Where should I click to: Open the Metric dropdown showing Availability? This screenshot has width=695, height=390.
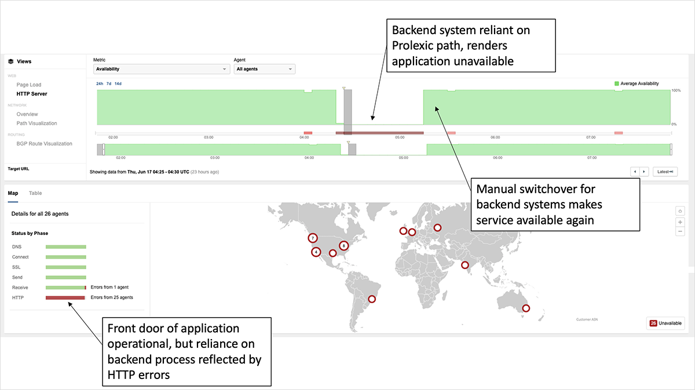point(162,69)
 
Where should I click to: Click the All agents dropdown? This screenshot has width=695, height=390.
point(264,69)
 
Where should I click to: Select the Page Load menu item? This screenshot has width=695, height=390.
point(29,84)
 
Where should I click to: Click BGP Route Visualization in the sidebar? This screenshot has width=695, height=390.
point(44,144)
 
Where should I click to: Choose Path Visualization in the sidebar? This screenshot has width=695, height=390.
point(36,123)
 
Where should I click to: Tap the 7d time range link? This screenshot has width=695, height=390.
point(109,84)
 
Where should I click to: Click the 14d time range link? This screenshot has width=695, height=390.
point(118,84)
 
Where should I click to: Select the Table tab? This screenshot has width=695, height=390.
point(35,193)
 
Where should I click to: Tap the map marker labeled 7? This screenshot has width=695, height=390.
point(313,238)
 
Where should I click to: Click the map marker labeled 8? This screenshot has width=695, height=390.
point(344,245)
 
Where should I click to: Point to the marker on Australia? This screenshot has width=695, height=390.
point(526,308)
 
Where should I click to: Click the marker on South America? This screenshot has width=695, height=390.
point(372,299)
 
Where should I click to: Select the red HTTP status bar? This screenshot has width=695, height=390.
point(65,297)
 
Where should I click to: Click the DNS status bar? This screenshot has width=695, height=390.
point(65,247)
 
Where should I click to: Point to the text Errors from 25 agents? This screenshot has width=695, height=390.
point(112,297)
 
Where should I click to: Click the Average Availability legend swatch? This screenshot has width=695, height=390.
point(617,84)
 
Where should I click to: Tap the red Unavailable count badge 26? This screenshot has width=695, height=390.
point(653,323)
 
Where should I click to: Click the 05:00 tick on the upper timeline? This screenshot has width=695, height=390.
point(399,137)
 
